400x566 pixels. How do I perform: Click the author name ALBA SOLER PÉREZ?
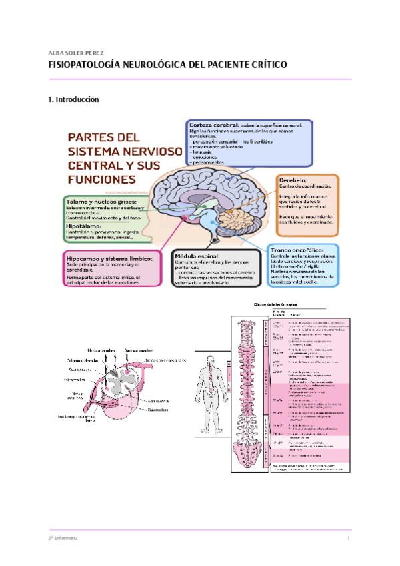click(x=76, y=53)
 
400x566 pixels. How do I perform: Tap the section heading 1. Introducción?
click(x=73, y=99)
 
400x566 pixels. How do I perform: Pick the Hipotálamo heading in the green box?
click(x=84, y=226)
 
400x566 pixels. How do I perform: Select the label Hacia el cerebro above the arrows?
click(x=101, y=350)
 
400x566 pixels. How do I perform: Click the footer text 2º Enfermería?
click(x=63, y=537)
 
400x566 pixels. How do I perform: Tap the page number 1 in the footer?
click(x=349, y=537)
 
